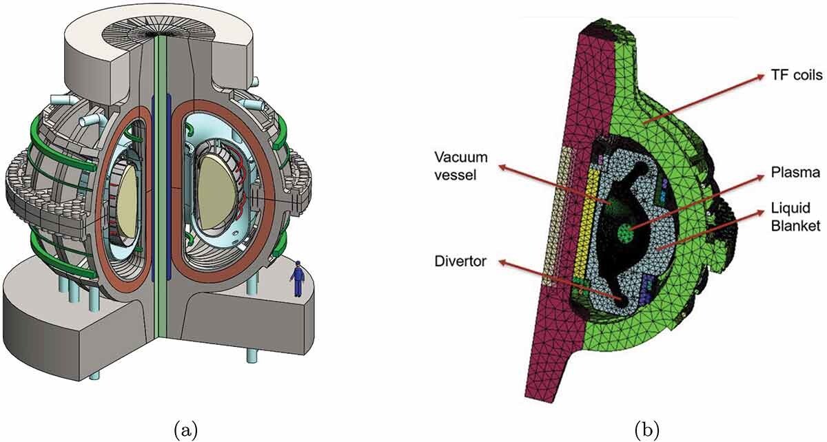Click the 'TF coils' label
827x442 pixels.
[797, 75]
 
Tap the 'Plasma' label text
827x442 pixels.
[795, 172]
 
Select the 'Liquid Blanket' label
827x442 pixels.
[795, 217]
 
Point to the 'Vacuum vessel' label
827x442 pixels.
[461, 166]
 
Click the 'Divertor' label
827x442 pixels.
[460, 261]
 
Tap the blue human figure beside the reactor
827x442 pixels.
[298, 279]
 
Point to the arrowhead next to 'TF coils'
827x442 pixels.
[761, 76]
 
